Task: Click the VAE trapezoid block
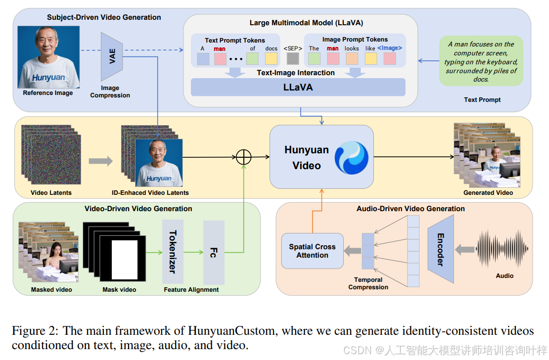point(112,57)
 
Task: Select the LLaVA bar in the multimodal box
point(298,88)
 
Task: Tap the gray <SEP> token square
point(293,59)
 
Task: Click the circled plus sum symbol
point(244,157)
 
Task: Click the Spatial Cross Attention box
point(312,251)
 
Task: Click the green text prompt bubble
point(481,61)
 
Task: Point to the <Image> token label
point(390,48)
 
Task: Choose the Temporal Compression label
point(368,283)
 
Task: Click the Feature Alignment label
point(191,289)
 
